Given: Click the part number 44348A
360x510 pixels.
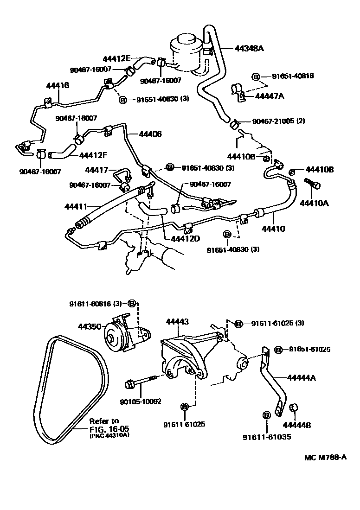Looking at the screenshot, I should [250, 47].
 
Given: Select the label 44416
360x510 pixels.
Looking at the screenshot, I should [58, 86].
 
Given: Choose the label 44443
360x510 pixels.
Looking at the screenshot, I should [177, 321].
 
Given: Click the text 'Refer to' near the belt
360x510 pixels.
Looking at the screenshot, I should [104, 421].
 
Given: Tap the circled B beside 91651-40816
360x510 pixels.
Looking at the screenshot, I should [256, 77].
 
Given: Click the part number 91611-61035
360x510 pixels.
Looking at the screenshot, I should [267, 437].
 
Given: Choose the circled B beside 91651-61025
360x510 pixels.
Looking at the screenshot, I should [279, 349].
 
